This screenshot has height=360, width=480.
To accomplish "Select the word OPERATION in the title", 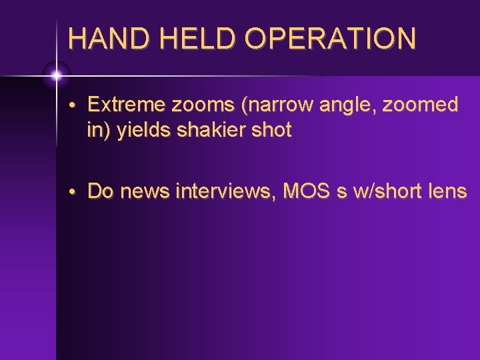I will pyautogui.click(x=330, y=39).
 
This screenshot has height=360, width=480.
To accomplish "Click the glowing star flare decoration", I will pyautogui.click(x=56, y=75).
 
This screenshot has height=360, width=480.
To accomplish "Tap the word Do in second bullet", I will pyautogui.click(x=99, y=191).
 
